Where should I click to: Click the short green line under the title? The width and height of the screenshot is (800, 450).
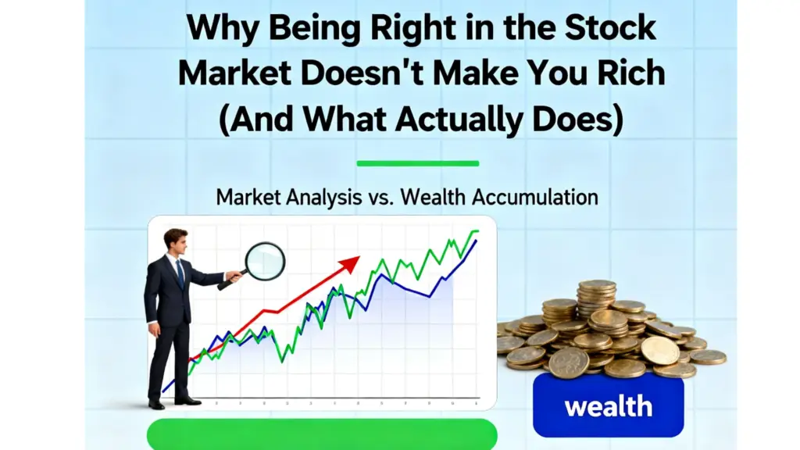pos(417,163)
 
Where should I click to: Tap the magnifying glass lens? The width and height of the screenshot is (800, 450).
pos(265,260)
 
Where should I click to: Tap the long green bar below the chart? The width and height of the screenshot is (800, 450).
pos(322,434)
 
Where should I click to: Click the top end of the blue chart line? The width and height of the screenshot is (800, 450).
pos(476,241)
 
